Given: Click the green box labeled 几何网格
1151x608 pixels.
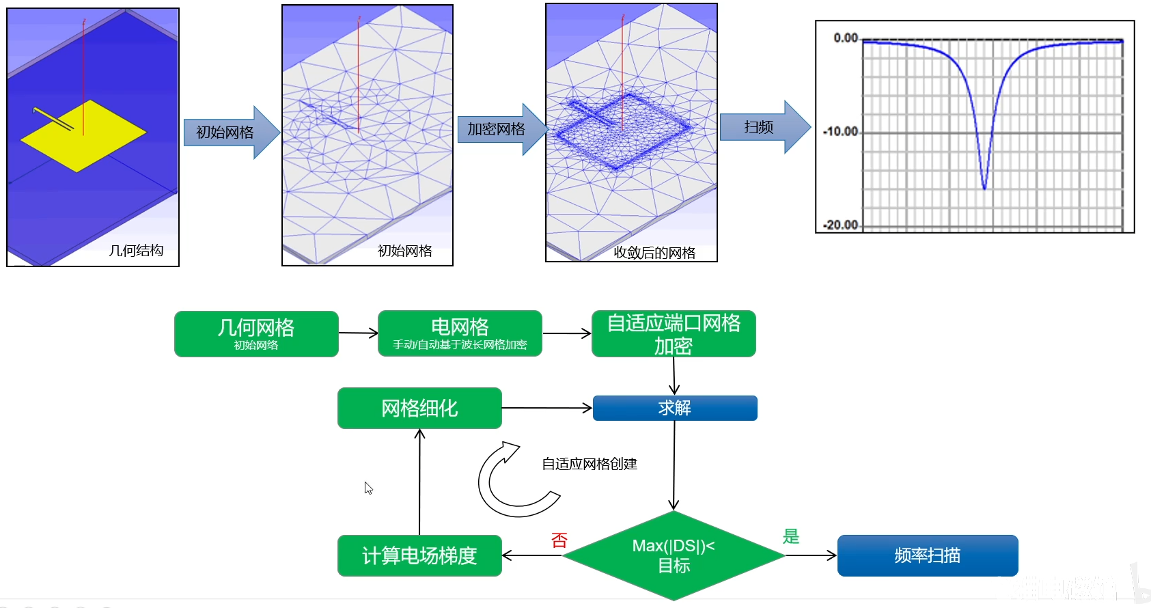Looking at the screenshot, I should [256, 333].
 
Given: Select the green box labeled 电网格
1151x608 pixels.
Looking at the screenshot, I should [460, 333].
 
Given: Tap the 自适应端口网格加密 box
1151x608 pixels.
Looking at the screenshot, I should [674, 333].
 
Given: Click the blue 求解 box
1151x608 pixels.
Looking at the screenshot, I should [675, 408].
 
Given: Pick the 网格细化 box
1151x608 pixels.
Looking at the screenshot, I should [419, 408].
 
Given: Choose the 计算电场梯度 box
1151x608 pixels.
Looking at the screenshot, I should [419, 555].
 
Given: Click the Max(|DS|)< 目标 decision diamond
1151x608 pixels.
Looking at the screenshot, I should [674, 555].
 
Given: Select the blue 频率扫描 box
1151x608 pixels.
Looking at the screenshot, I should [928, 555].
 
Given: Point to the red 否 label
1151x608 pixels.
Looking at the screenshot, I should [559, 540].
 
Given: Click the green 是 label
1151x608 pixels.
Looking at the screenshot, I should [791, 536].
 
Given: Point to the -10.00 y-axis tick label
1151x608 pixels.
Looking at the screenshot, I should [840, 131].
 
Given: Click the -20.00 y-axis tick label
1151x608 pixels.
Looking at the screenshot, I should [840, 225].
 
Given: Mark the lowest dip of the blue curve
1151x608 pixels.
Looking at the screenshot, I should [984, 188].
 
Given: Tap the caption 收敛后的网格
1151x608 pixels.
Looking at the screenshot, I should [654, 253].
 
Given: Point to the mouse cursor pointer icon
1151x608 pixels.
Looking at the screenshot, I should [368, 488].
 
